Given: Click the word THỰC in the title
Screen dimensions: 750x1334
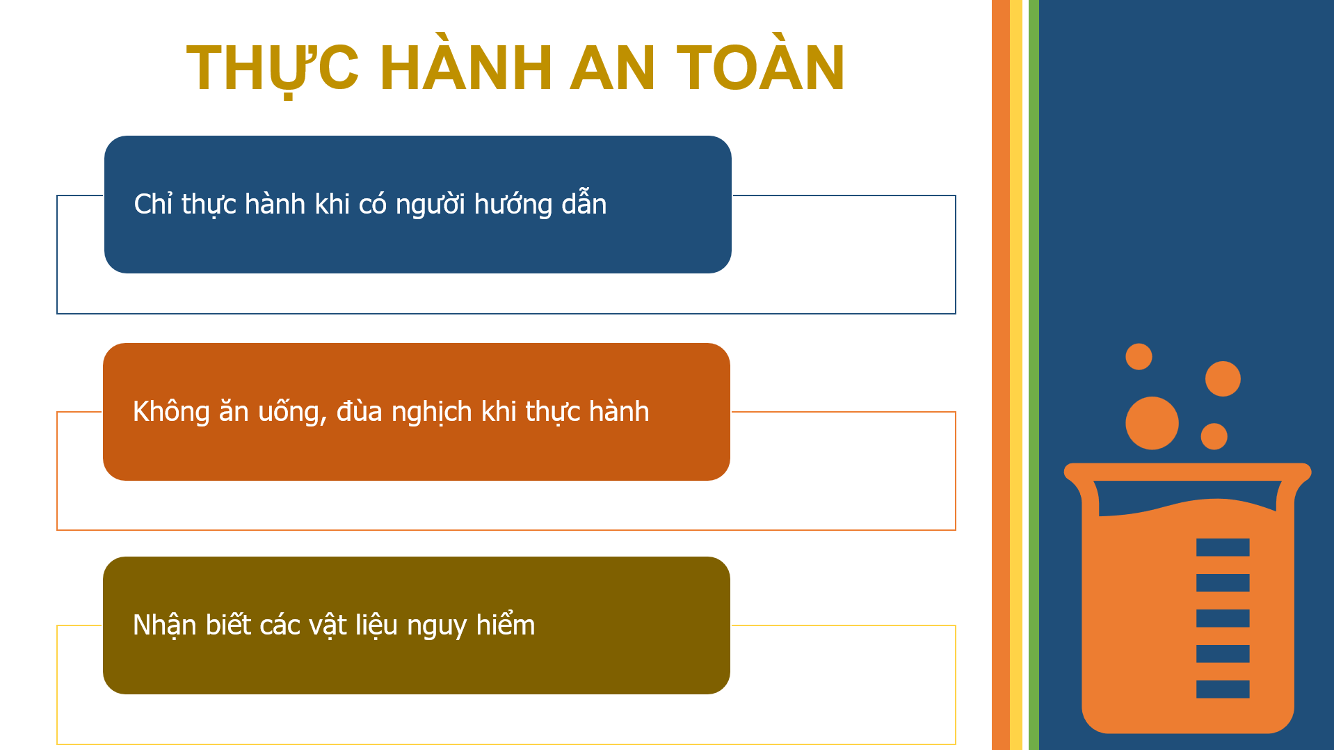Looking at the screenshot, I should pos(273,68).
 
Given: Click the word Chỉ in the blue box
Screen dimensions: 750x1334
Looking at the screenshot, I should pos(153,204).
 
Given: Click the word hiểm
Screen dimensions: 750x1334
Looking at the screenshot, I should pos(506,625).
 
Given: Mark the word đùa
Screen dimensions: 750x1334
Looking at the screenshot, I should pos(360,411).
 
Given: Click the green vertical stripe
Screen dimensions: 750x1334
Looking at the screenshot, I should pos(1034,375).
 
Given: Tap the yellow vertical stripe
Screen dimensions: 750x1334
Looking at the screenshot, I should pos(1016,375).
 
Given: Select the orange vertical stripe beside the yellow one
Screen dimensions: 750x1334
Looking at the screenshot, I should pos(1000,375).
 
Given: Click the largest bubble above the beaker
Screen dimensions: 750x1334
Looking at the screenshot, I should pos(1152,423).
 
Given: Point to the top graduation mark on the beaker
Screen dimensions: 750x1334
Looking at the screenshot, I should pos(1222,548).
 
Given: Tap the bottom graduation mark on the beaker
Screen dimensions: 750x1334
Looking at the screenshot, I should pos(1222,689).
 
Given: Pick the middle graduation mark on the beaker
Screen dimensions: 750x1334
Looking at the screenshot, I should pos(1222,618).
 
